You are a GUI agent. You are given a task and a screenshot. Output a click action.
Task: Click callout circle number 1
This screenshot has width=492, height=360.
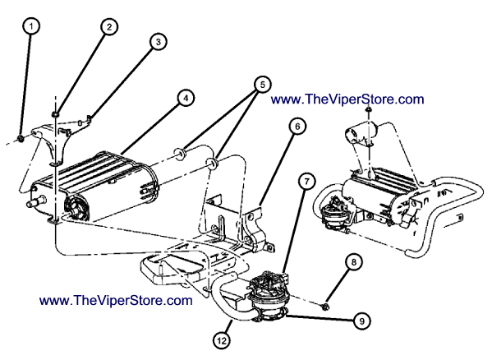31,26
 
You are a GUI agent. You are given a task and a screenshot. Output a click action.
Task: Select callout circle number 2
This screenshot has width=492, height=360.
109,27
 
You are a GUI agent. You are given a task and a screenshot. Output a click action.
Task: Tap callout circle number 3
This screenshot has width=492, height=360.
158,41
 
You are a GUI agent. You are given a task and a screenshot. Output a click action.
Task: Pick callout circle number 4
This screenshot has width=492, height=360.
186,98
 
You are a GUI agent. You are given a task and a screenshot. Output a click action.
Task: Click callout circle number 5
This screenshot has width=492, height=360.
262,84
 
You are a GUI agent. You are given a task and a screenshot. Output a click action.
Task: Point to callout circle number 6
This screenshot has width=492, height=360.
297,127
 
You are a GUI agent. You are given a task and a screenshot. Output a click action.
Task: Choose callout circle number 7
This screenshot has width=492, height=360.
306,182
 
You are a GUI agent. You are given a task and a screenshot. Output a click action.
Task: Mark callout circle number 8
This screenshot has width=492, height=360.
354,262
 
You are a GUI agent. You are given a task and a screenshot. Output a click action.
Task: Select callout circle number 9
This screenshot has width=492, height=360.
361,321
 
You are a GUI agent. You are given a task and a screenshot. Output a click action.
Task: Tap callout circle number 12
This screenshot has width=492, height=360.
222,340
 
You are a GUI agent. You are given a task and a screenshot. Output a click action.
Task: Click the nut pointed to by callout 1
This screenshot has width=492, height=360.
21,138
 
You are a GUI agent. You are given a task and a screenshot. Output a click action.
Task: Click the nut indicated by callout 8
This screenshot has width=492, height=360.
325,306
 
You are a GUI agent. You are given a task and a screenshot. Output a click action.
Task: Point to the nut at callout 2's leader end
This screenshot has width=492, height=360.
55,114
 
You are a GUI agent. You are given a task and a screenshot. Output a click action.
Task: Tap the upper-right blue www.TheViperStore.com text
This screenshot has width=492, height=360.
347,99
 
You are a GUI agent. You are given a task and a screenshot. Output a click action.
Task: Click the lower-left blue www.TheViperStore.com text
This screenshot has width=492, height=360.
116,300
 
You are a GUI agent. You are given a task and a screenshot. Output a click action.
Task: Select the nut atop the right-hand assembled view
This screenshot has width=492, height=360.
368,109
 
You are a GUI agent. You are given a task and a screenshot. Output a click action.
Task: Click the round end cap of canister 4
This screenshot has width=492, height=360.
76,207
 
